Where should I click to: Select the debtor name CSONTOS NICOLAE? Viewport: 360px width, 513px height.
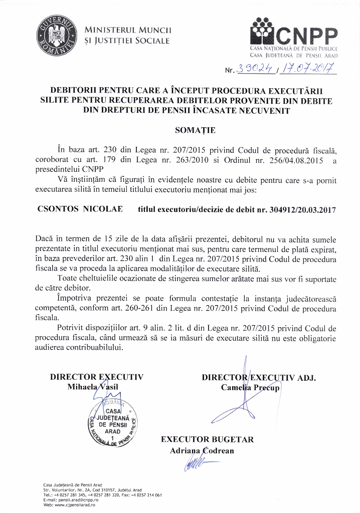click(x=80, y=209)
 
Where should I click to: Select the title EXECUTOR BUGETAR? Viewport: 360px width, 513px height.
click(x=207, y=439)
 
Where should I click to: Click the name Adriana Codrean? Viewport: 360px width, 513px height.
click(x=202, y=450)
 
